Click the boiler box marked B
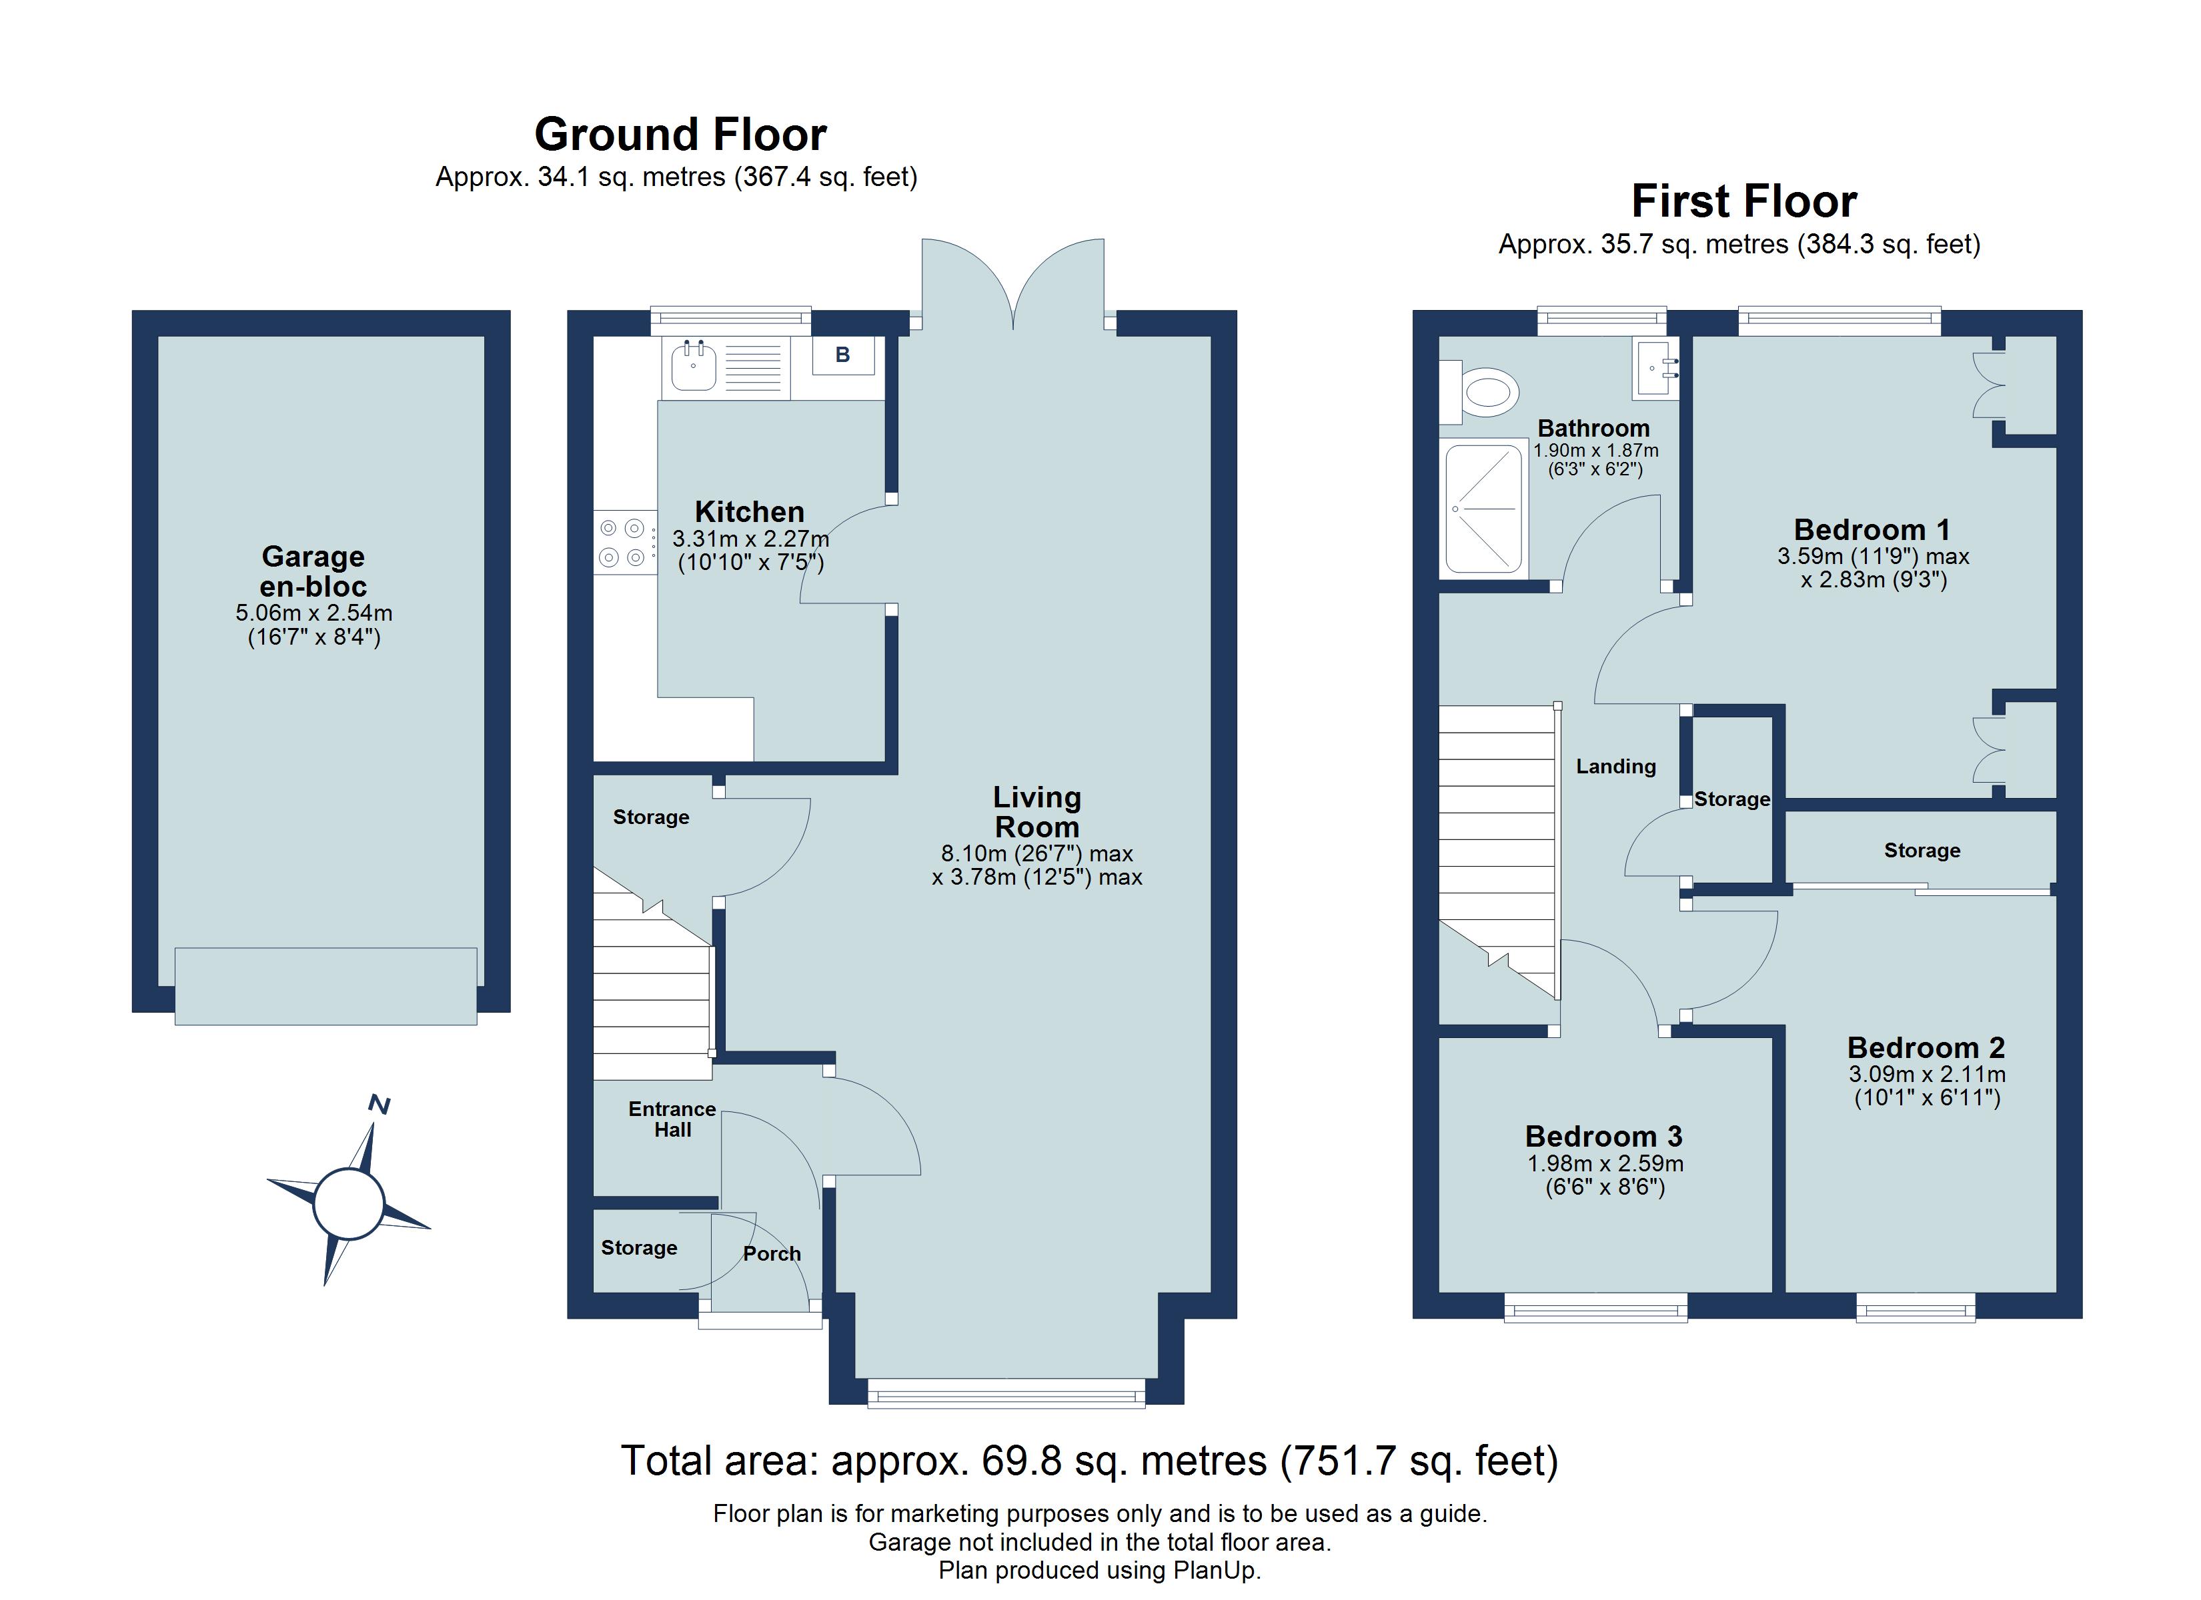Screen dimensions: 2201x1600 (842, 355)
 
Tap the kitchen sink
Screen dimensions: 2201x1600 (693, 366)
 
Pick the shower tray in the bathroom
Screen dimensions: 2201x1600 (1484, 509)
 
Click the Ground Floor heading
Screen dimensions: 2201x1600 (680, 134)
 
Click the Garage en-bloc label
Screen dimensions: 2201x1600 (313, 571)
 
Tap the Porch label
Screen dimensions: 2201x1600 (772, 1253)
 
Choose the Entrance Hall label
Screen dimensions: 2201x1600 (672, 1119)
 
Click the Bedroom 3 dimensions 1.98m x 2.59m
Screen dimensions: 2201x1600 (1605, 1163)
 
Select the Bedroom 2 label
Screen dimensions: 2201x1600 (1926, 1048)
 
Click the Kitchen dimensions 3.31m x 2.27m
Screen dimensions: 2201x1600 (751, 539)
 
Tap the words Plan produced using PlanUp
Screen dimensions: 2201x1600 (1100, 1571)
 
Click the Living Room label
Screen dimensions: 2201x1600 (1036, 812)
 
